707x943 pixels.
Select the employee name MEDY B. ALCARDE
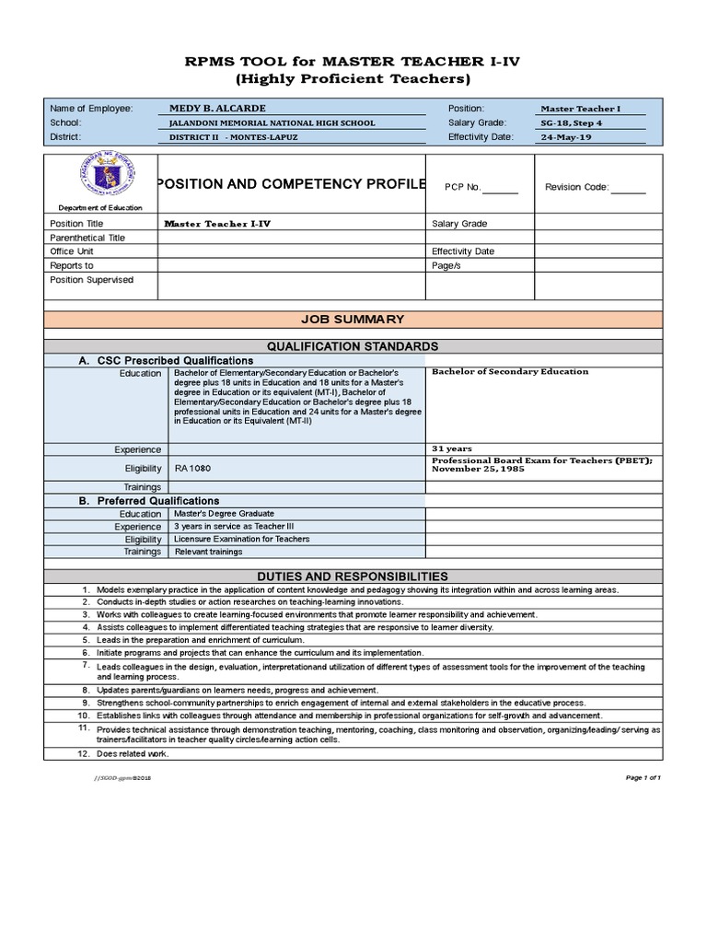point(212,109)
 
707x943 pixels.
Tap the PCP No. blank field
point(501,188)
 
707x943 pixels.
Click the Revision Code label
point(576,187)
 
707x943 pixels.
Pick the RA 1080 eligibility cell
point(192,469)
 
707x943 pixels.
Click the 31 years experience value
point(453,448)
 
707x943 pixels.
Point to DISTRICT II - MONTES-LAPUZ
point(234,138)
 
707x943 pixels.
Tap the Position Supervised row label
point(91,280)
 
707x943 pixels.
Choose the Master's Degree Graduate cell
point(224,514)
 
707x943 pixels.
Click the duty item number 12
point(83,754)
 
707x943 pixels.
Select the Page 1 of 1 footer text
point(643,777)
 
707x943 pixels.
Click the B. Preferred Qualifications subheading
point(149,501)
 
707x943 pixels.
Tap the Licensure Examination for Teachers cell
point(242,539)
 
